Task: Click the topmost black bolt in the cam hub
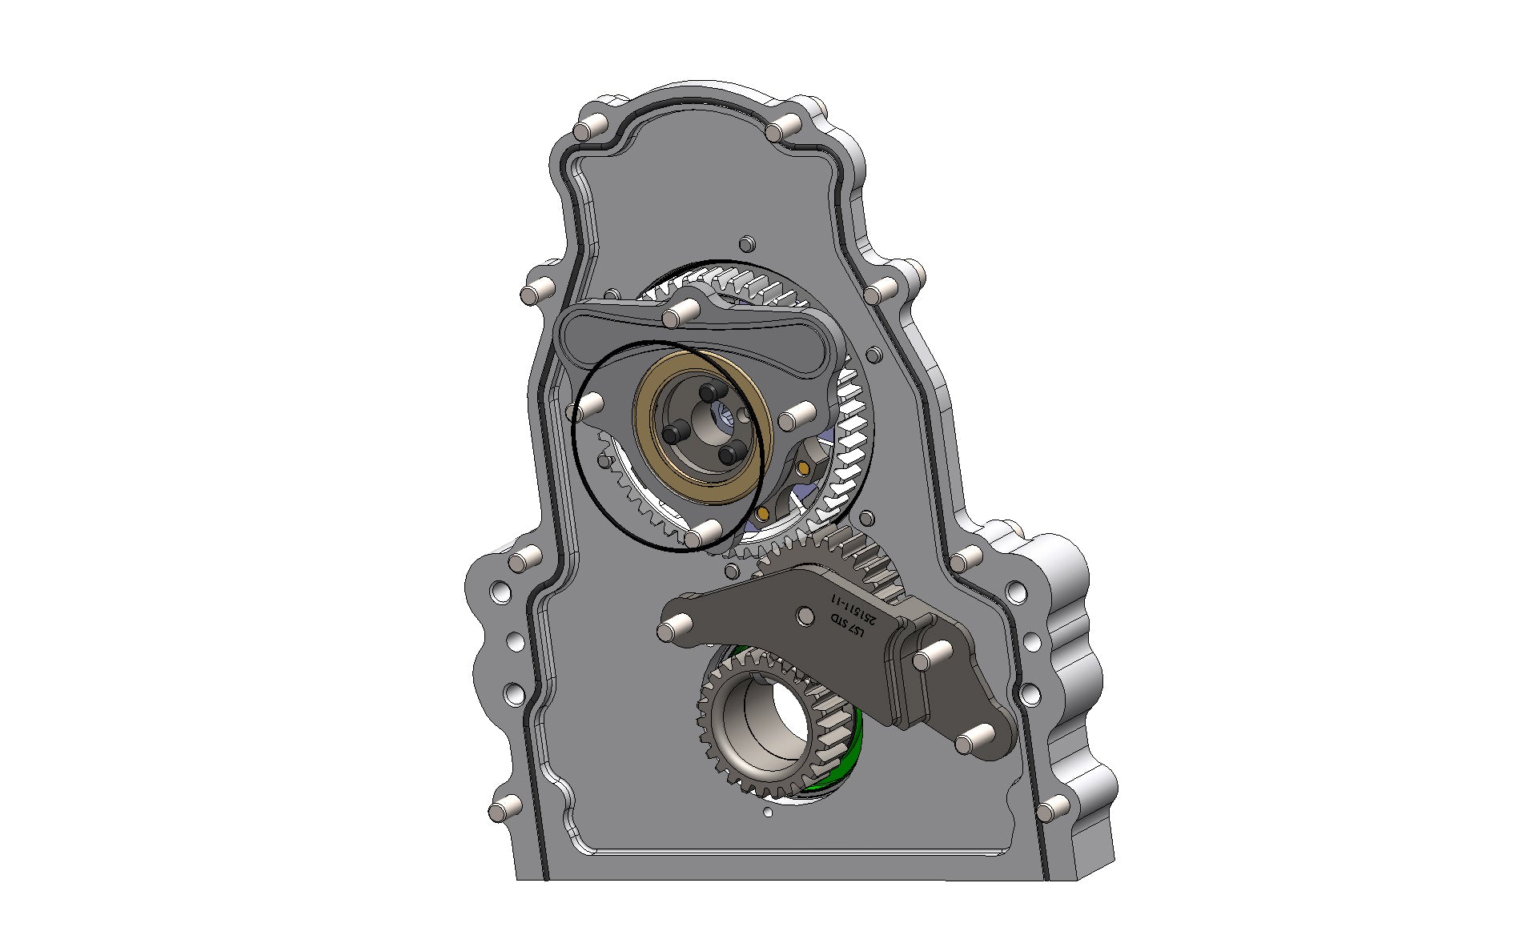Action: pos(709,392)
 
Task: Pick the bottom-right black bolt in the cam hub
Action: pos(729,455)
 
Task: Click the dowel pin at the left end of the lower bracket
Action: pos(666,632)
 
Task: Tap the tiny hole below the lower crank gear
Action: pos(768,813)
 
